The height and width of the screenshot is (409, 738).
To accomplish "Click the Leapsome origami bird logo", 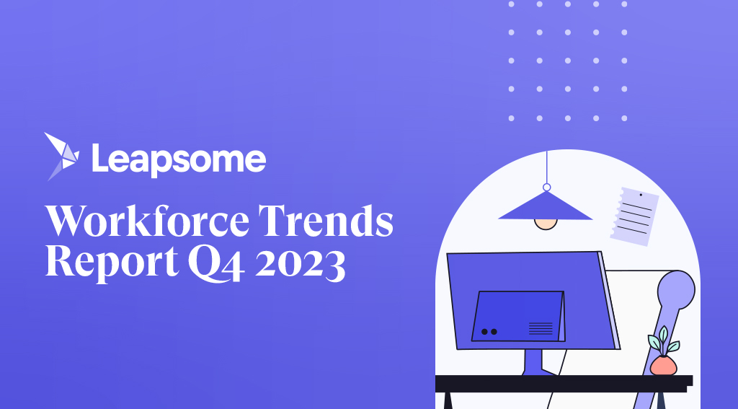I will [x=61, y=155].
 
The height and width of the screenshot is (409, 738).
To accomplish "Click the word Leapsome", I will [x=178, y=159].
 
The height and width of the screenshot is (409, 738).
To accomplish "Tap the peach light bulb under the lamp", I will [x=546, y=224].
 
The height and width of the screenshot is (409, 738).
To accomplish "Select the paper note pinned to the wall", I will [x=633, y=216].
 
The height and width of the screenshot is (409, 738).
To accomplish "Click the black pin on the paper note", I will [x=640, y=195].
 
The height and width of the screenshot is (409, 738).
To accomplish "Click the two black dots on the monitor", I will [x=489, y=331].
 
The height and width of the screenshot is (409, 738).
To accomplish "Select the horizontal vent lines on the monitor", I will [x=541, y=328].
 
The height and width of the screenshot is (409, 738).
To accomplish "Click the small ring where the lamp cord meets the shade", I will [x=546, y=188].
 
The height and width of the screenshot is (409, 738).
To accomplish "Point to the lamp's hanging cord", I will [x=546, y=166].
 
